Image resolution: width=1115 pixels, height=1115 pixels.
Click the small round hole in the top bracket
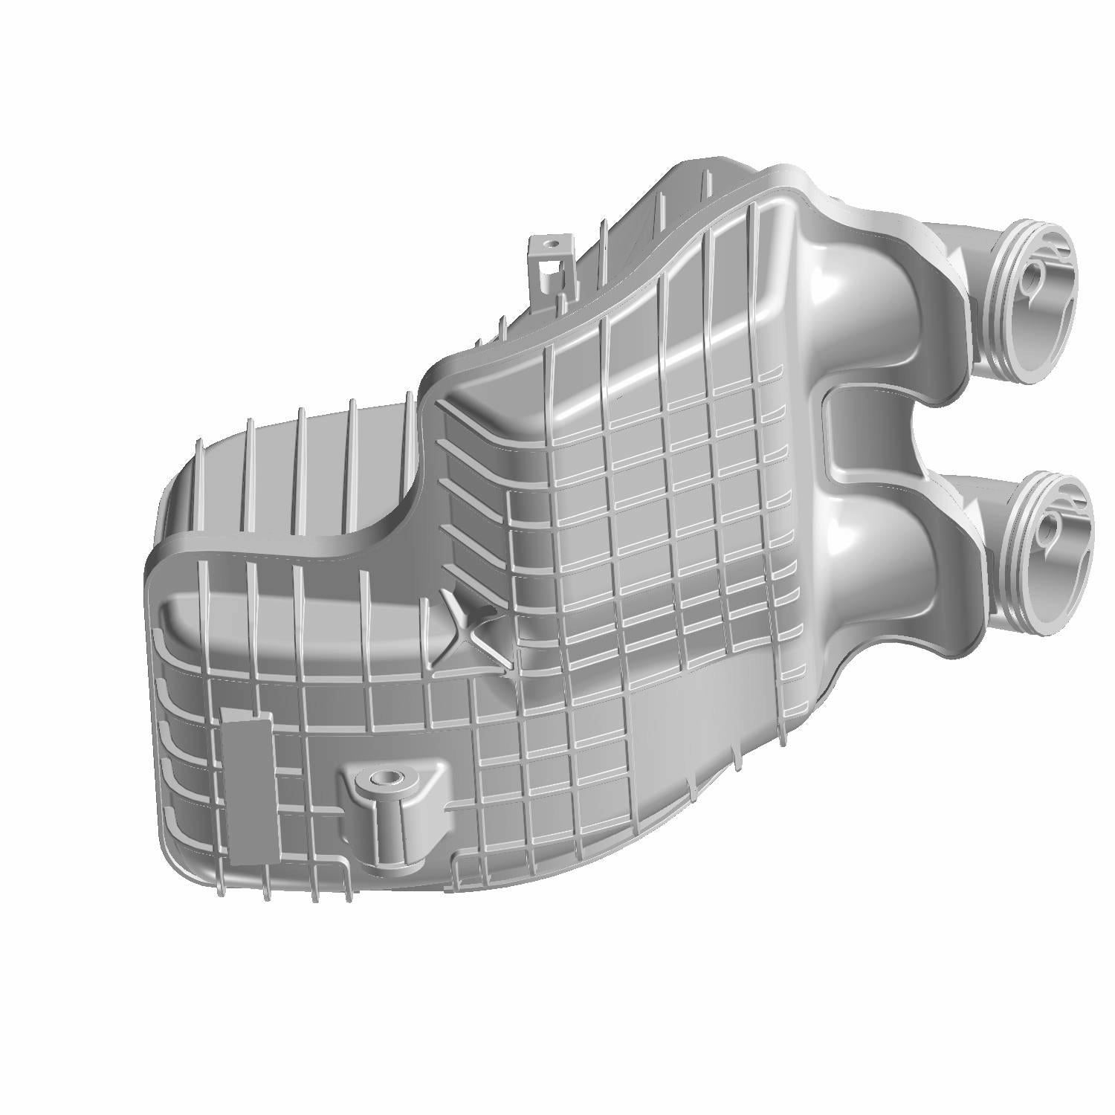(x=551, y=243)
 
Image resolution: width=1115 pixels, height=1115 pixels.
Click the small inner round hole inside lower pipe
(x=1047, y=532)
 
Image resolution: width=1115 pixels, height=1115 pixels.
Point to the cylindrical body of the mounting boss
(x=392, y=825)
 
